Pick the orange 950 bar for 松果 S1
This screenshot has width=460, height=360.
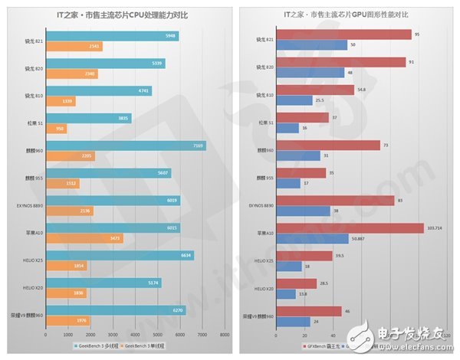pyautogui.click(x=56, y=129)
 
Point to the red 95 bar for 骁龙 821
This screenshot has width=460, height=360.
pyautogui.click(x=344, y=34)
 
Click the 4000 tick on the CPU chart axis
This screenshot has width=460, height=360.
pyautogui.click(x=135, y=335)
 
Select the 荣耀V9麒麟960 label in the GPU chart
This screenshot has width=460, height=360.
pyautogui.click(x=256, y=316)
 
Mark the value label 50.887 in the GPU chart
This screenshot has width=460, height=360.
pyautogui.click(x=360, y=238)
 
